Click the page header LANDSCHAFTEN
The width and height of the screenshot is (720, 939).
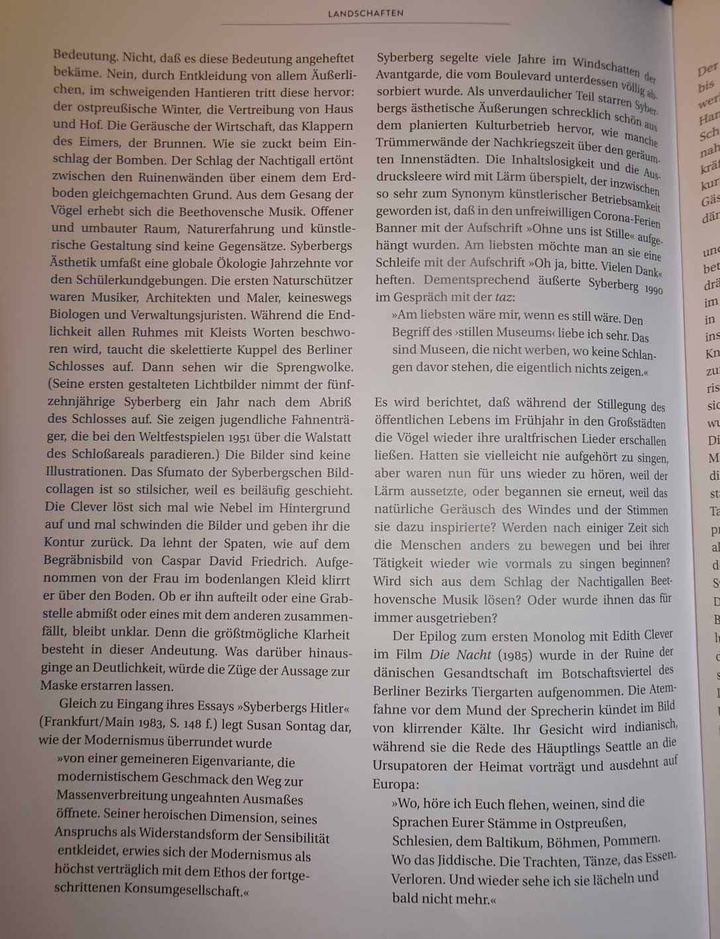(365, 13)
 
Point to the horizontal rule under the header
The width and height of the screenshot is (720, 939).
(365, 25)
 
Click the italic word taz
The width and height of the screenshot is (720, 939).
(503, 298)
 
